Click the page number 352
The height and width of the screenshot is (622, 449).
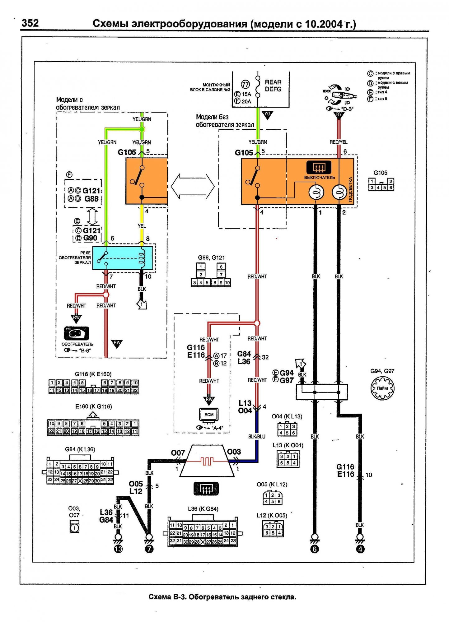point(30,23)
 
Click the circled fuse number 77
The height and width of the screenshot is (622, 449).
point(246,84)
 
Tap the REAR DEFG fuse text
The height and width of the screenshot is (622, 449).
point(273,86)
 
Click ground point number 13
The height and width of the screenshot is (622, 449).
point(118,549)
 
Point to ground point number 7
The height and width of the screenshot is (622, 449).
point(149,549)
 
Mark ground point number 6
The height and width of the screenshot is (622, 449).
point(315,549)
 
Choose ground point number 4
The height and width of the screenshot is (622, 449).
point(360,549)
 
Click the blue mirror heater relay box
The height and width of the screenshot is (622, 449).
point(123,258)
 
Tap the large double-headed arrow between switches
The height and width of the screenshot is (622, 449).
point(193,187)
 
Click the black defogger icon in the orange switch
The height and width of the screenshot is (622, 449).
point(319,168)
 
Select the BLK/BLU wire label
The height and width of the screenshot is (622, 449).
point(257,437)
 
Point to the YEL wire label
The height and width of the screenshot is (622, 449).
point(142,226)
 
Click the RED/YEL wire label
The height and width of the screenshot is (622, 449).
point(339,142)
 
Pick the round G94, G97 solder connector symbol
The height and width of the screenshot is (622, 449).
point(382,388)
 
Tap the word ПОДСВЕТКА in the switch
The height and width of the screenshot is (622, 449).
point(350,189)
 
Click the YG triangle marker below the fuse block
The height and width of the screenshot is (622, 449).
point(267,115)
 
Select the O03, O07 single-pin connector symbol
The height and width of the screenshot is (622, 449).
point(74,527)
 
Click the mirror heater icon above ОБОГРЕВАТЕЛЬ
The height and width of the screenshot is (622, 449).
point(77,333)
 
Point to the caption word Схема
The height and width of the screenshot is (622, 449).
point(160,597)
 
